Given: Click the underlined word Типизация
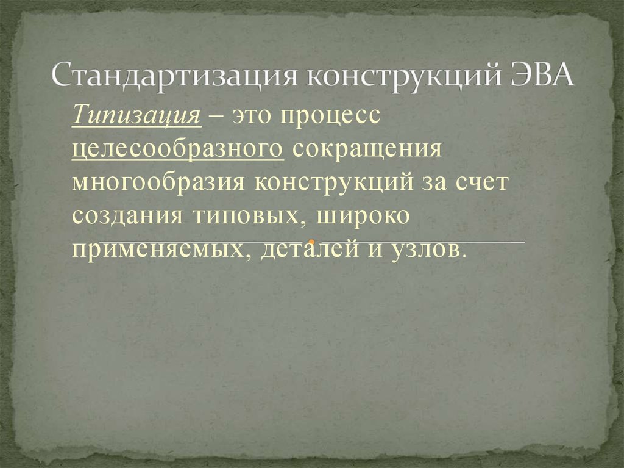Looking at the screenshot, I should (x=136, y=115).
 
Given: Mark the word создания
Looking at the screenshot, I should (x=129, y=217).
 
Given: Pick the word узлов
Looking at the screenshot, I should (x=425, y=250).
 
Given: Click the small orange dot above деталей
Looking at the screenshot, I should (x=311, y=242).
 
